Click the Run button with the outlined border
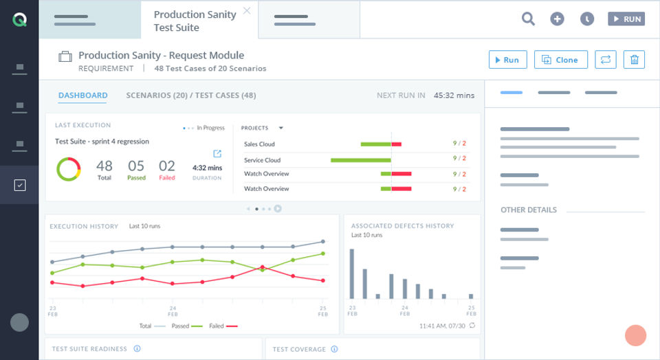[508, 60]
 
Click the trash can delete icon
[634, 60]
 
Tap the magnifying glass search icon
[528, 19]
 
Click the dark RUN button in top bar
[626, 19]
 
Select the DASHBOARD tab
[82, 95]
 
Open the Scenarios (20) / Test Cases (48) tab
[191, 95]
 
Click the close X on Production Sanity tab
[247, 11]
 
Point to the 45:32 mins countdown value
[454, 95]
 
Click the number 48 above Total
[104, 166]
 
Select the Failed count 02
[167, 166]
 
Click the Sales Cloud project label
[259, 144]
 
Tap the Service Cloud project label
[262, 160]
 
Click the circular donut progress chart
[69, 169]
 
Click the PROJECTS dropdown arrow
[280, 128]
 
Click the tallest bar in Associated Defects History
[351, 273]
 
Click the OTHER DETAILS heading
[529, 210]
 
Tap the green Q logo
[19, 20]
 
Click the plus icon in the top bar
[557, 19]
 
